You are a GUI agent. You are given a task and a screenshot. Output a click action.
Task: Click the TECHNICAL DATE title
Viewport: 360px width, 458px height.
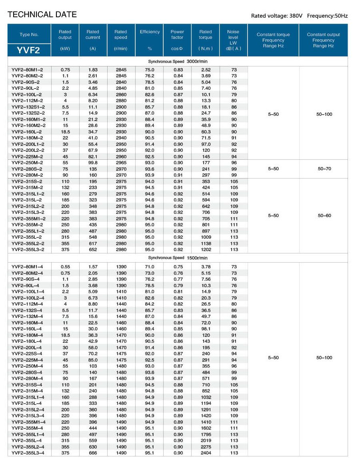[x=42, y=15]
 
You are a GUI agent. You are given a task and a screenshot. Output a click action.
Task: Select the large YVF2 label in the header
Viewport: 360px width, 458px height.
[x=29, y=50]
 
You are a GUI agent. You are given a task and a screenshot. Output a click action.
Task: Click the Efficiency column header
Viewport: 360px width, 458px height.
[x=150, y=32]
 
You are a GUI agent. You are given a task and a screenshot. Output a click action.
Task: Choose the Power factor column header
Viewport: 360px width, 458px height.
[x=177, y=34]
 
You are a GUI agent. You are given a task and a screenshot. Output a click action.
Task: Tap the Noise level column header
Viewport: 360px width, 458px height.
[x=233, y=37]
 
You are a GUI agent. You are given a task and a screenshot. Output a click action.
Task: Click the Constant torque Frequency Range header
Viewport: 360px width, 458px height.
[x=273, y=40]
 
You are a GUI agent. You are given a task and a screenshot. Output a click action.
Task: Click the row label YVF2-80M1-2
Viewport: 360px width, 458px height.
[x=27, y=70]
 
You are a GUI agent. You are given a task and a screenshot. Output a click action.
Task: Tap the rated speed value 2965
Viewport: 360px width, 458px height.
[x=121, y=163]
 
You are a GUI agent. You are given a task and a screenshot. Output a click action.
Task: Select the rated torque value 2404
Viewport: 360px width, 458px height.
[x=205, y=453]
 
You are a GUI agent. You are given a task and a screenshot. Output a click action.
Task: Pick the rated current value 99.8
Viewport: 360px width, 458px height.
[x=93, y=163]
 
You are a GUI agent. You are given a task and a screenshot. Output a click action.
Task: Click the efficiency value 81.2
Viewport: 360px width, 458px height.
[x=150, y=101]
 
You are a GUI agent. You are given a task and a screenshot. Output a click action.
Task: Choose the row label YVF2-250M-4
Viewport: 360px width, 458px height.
[x=27, y=366]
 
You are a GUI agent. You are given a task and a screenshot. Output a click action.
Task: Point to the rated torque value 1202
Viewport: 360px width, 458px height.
[x=205, y=249]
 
